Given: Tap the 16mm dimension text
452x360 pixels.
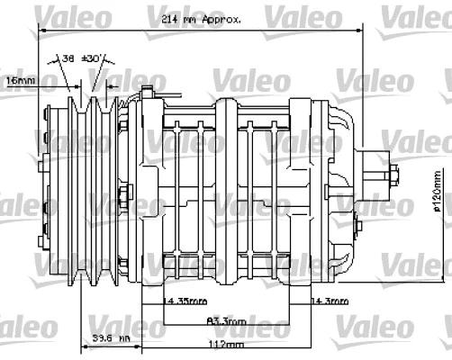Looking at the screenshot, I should click(20, 81).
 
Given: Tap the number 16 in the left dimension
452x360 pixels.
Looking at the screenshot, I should click(11, 81).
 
